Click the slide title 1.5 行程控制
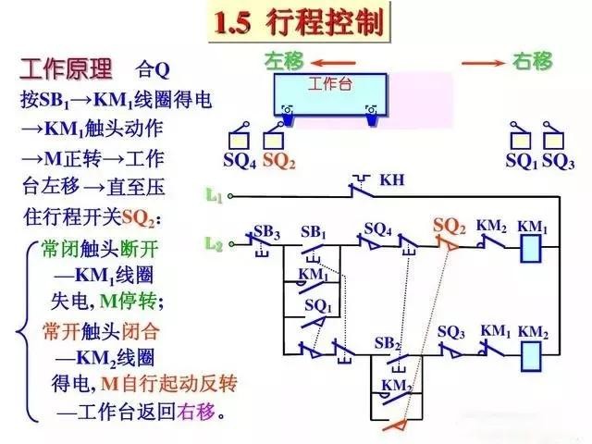(x=298, y=23)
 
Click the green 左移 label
(x=284, y=61)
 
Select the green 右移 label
(x=532, y=62)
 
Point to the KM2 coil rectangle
(x=532, y=354)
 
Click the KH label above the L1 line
(x=392, y=179)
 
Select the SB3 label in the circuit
(x=266, y=229)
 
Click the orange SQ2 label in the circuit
(x=450, y=226)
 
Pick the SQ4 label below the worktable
(x=240, y=160)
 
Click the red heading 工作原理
(x=66, y=69)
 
